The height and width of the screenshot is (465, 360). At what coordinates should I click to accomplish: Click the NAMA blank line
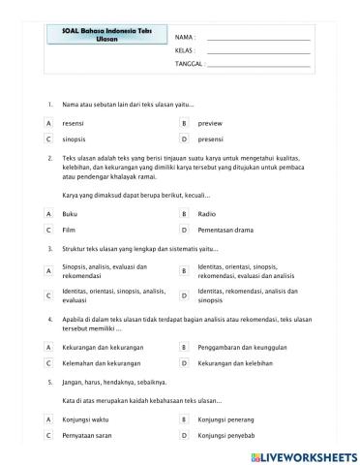tap(258, 37)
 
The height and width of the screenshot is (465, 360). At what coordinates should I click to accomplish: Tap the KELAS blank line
tap(258, 50)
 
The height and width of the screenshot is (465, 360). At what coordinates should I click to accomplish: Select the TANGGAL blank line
tap(258, 65)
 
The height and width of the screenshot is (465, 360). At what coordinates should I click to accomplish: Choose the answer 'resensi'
tap(73, 124)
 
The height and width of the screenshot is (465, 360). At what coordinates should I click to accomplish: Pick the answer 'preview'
tap(210, 124)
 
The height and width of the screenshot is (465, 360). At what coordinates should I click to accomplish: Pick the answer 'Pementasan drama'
tap(227, 231)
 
